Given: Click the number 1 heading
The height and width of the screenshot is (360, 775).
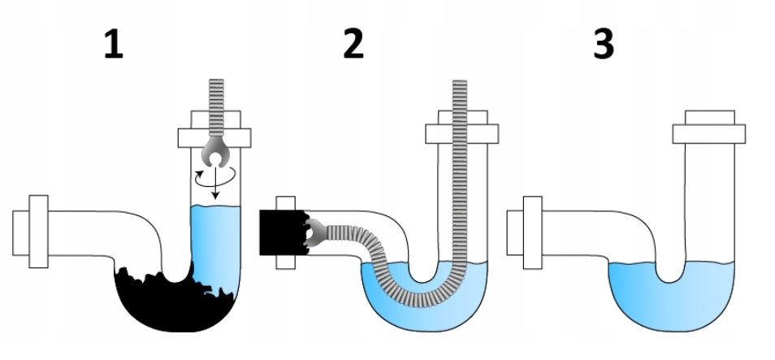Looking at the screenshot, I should (x=113, y=46).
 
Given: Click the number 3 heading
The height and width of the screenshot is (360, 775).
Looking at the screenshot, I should (x=602, y=46).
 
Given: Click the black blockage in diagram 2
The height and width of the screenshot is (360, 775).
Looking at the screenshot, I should (x=280, y=232).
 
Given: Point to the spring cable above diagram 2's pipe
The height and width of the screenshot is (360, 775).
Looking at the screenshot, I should (x=460, y=98).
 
